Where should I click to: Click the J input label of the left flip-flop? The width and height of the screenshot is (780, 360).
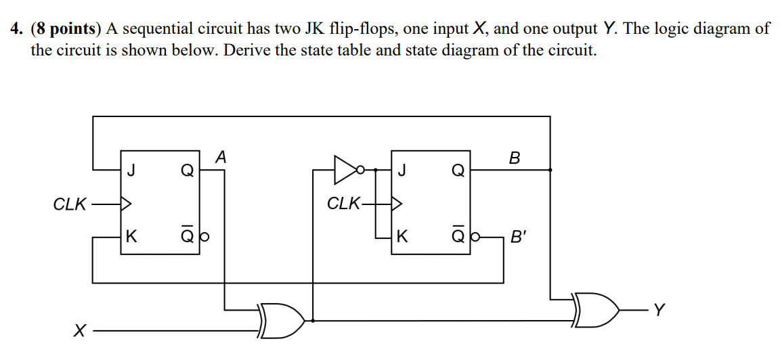(x=131, y=171)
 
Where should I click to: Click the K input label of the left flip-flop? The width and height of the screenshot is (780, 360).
(x=131, y=237)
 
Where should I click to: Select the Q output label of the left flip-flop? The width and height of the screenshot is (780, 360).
(x=186, y=171)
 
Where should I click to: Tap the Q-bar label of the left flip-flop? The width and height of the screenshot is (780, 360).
(x=186, y=236)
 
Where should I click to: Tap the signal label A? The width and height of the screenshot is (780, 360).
(x=220, y=158)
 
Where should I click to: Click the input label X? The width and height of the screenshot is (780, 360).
(x=80, y=332)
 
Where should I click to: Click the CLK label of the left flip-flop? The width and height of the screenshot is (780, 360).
(x=69, y=203)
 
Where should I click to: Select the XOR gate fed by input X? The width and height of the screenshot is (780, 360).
(x=281, y=319)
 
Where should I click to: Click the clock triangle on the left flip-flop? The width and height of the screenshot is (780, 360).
(x=125, y=202)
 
